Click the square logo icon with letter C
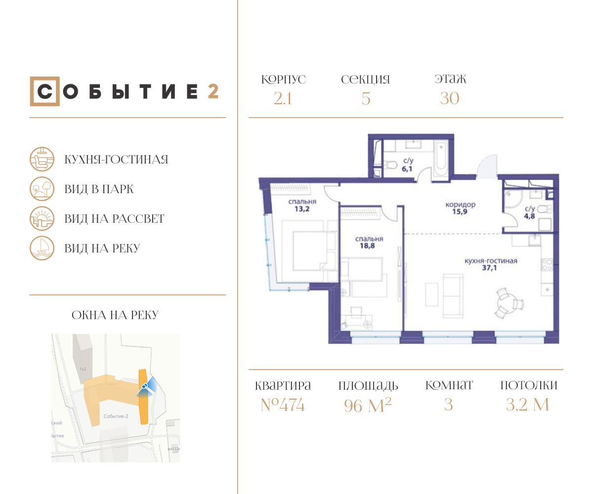[44, 91]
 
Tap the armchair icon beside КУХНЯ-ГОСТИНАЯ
[42, 160]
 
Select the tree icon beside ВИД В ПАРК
[42, 189]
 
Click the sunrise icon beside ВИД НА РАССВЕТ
[42, 219]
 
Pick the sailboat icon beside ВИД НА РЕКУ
[42, 248]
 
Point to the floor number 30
[450, 99]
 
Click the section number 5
[366, 99]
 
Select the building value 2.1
[283, 99]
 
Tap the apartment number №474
[283, 406]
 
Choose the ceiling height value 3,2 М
[528, 406]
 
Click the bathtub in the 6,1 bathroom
[441, 159]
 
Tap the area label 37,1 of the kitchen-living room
[491, 270]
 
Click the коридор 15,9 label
[460, 208]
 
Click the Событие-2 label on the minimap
[116, 416]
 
